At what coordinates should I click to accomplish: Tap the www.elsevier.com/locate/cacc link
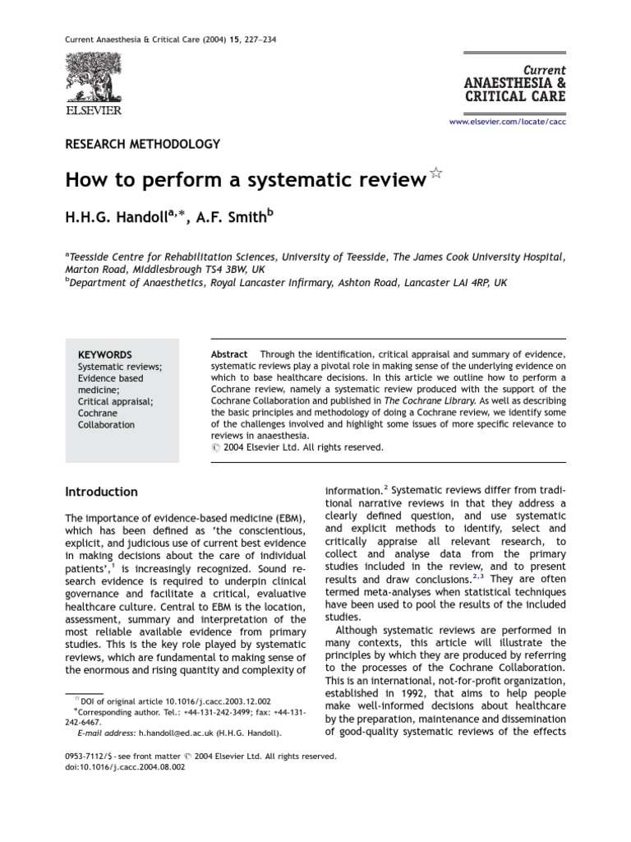pos(507,122)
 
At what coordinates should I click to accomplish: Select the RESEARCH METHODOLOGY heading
pos(142,144)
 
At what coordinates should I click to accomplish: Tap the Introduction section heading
pos(101,492)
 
